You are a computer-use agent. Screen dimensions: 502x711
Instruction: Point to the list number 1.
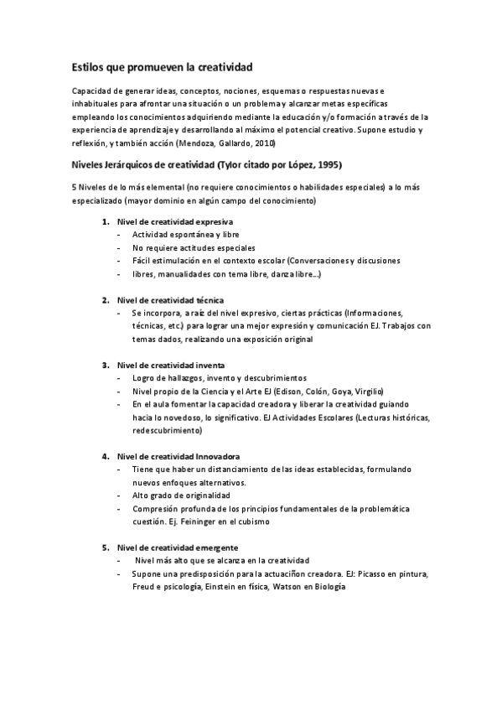(106, 222)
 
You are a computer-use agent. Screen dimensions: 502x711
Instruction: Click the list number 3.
(106, 366)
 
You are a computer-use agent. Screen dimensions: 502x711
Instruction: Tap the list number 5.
(106, 548)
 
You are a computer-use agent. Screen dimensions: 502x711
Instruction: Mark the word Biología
(328, 587)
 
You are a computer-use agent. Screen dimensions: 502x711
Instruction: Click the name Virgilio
(367, 392)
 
